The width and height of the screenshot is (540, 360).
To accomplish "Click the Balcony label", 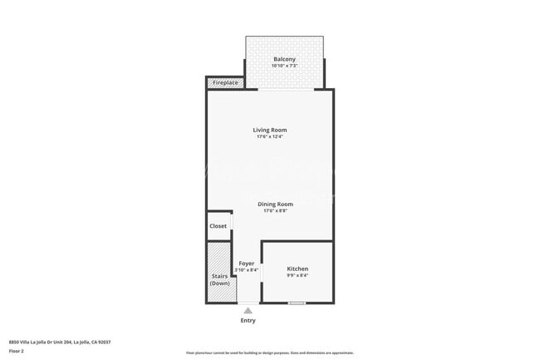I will point(285,59).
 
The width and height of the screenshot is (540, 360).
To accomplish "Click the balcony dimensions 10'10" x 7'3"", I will point(285,67).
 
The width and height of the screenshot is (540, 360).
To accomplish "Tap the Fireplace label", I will point(225,83).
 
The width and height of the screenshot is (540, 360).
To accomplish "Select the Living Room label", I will point(270,130).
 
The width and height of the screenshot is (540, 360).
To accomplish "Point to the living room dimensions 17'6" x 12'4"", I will point(270,137).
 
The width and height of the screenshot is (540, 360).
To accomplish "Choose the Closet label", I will point(218,226).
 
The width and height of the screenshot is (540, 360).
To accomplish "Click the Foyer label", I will point(247,264).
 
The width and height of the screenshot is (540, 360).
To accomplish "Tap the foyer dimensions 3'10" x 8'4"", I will point(247,270).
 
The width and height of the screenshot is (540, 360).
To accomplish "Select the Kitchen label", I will point(297,269).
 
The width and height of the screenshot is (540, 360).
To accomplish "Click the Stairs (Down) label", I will point(219,279).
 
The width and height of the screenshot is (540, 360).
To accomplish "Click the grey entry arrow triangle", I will point(248,310).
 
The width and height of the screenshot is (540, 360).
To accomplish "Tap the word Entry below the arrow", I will point(248,321).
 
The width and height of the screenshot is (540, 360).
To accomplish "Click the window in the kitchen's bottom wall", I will point(297,303).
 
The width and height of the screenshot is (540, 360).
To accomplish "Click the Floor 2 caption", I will point(17,352).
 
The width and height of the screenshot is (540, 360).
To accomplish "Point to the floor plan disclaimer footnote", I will point(270,353).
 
